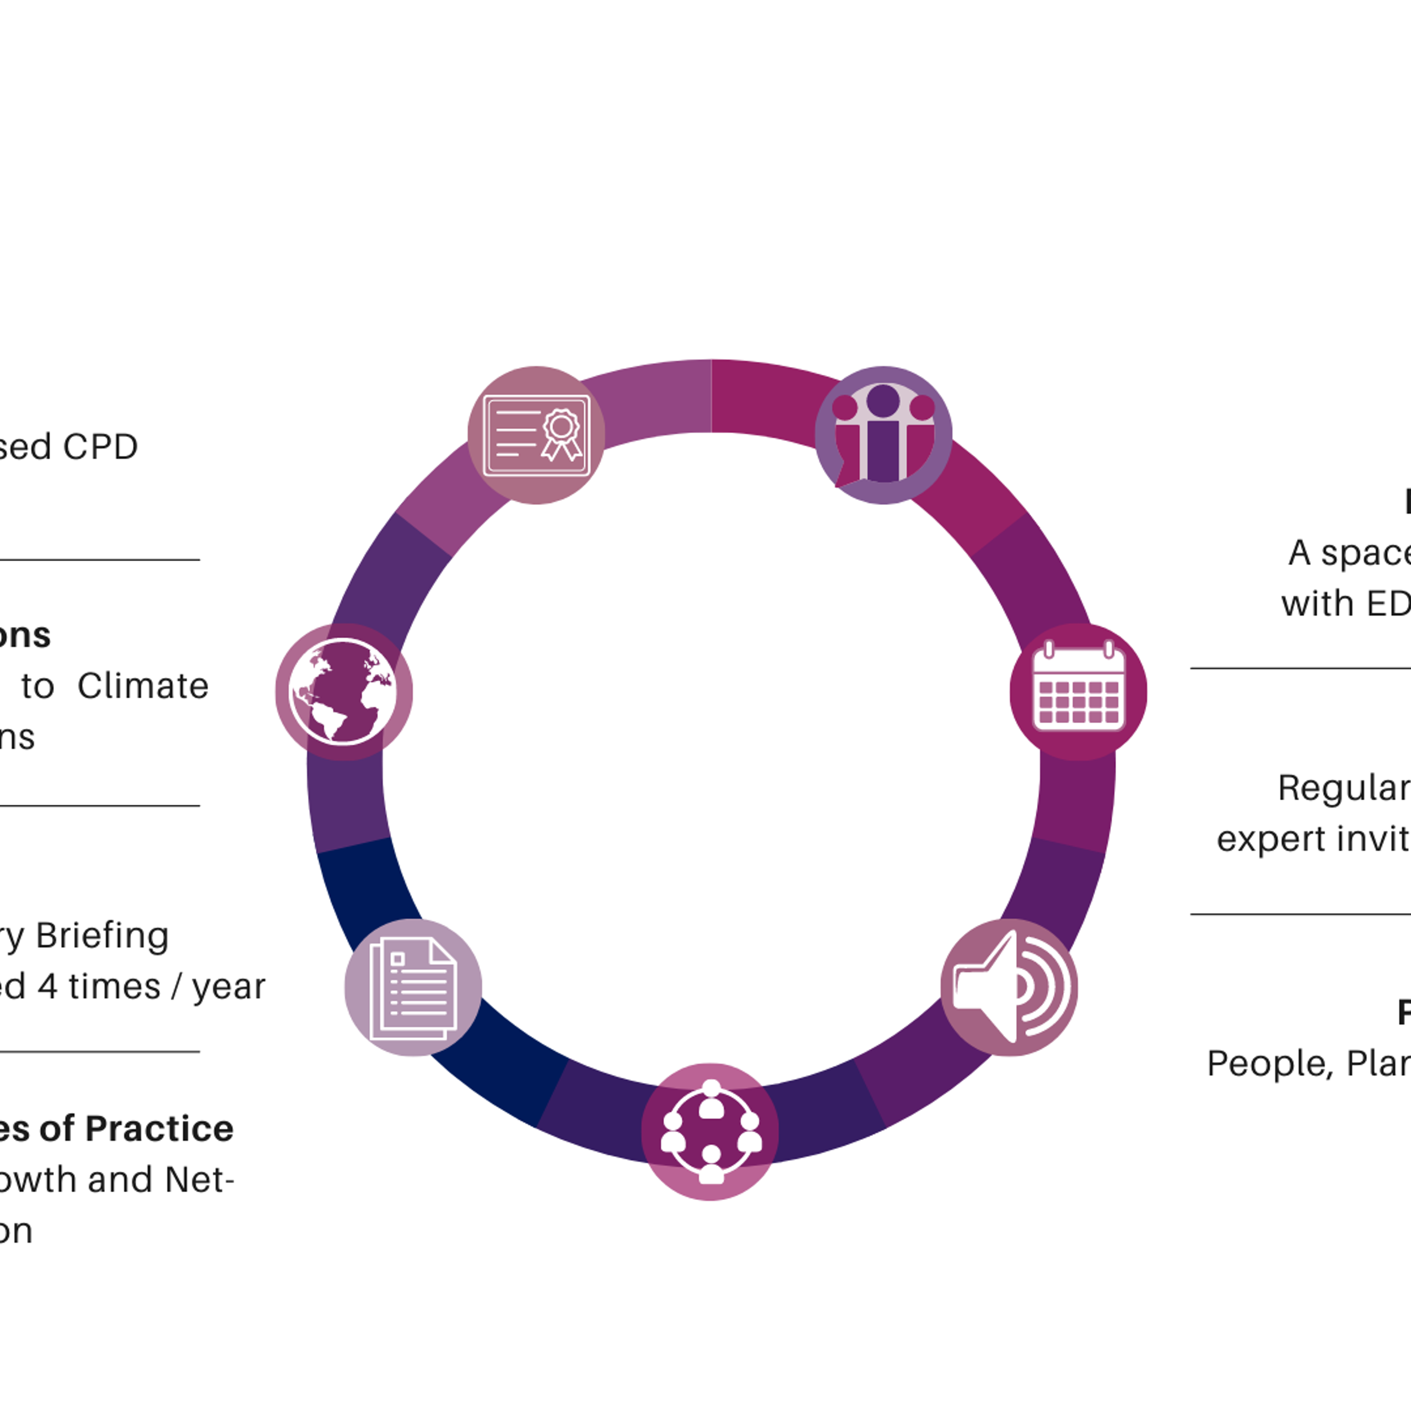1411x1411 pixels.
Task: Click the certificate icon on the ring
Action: pyautogui.click(x=536, y=435)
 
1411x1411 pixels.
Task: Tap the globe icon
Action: pyautogui.click(x=343, y=692)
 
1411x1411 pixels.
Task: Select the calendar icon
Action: pyautogui.click(x=1078, y=692)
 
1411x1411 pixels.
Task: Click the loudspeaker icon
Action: pyautogui.click(x=1009, y=987)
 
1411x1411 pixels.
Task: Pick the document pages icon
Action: pyautogui.click(x=413, y=987)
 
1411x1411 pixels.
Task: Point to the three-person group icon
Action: pyautogui.click(x=883, y=435)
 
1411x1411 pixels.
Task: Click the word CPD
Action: pyautogui.click(x=100, y=447)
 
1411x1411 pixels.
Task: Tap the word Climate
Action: pyautogui.click(x=143, y=686)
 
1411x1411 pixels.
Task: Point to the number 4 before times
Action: pyautogui.click(x=47, y=987)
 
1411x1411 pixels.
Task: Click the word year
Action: pyautogui.click(x=229, y=987)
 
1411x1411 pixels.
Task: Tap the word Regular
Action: pyautogui.click(x=1342, y=788)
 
